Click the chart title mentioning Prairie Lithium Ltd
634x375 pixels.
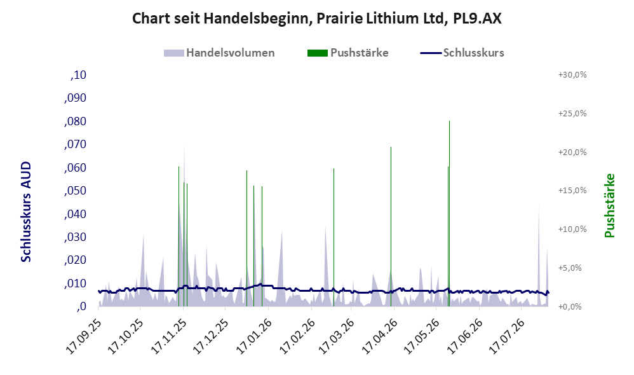coord(316,18)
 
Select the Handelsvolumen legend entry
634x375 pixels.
coord(219,53)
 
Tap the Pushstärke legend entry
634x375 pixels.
coord(347,53)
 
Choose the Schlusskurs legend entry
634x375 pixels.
coord(462,53)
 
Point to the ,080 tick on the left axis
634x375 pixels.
coord(75,121)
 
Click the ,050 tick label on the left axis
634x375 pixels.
coord(75,191)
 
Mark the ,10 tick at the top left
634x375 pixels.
coord(78,75)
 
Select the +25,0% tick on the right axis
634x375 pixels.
coord(572,113)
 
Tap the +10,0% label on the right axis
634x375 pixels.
coord(572,229)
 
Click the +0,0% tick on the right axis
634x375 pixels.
coord(570,306)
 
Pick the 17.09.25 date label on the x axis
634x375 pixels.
coord(83,337)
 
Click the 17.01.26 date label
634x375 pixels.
coord(253,337)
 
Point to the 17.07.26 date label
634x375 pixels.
coord(506,337)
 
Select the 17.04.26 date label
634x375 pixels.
coord(379,337)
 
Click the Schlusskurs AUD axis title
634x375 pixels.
coord(26,212)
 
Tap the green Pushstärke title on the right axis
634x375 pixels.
coord(609,205)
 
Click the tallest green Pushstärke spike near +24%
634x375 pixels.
coord(449,214)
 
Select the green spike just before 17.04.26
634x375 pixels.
coord(391,226)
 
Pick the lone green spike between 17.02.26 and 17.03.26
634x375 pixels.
coord(334,238)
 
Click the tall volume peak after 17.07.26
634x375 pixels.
coord(539,255)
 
